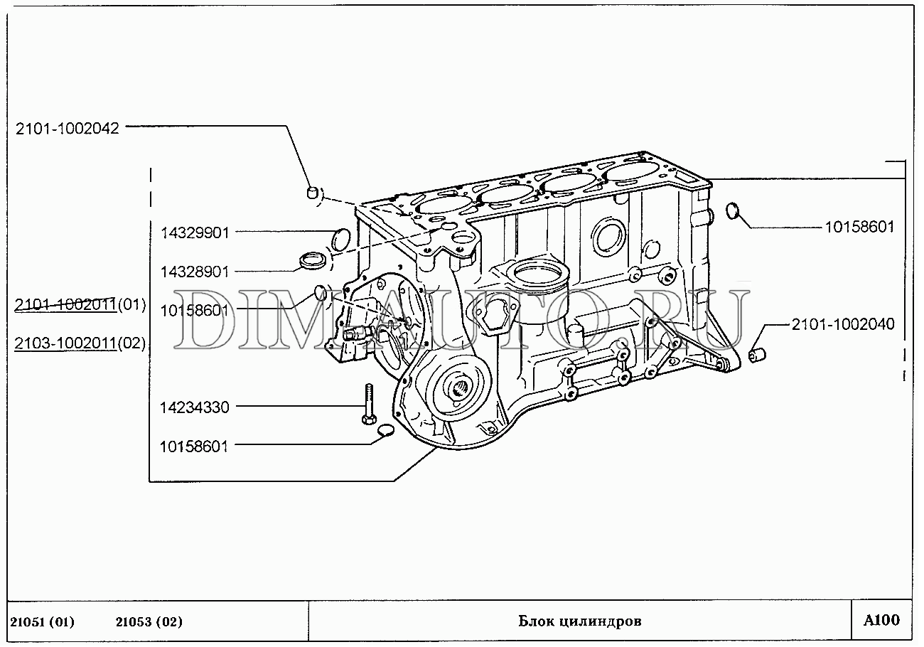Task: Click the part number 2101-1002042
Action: coord(68,129)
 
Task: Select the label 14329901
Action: coord(194,233)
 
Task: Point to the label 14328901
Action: coord(194,272)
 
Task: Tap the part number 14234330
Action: coord(194,407)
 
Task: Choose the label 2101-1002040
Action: coord(843,324)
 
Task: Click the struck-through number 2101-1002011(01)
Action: coord(80,305)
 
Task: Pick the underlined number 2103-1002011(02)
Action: coord(80,343)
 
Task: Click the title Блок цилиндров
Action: coord(580,621)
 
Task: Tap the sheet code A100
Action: coord(881,620)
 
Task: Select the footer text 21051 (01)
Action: coord(42,622)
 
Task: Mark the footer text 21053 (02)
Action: coord(149,622)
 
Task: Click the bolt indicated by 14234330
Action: coord(369,404)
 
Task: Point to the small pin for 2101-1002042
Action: coord(313,192)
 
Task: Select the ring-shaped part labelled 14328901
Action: coord(312,262)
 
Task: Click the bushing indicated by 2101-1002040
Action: coord(758,355)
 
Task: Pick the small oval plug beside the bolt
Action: coord(386,430)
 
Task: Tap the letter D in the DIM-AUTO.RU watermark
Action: coord(200,319)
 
